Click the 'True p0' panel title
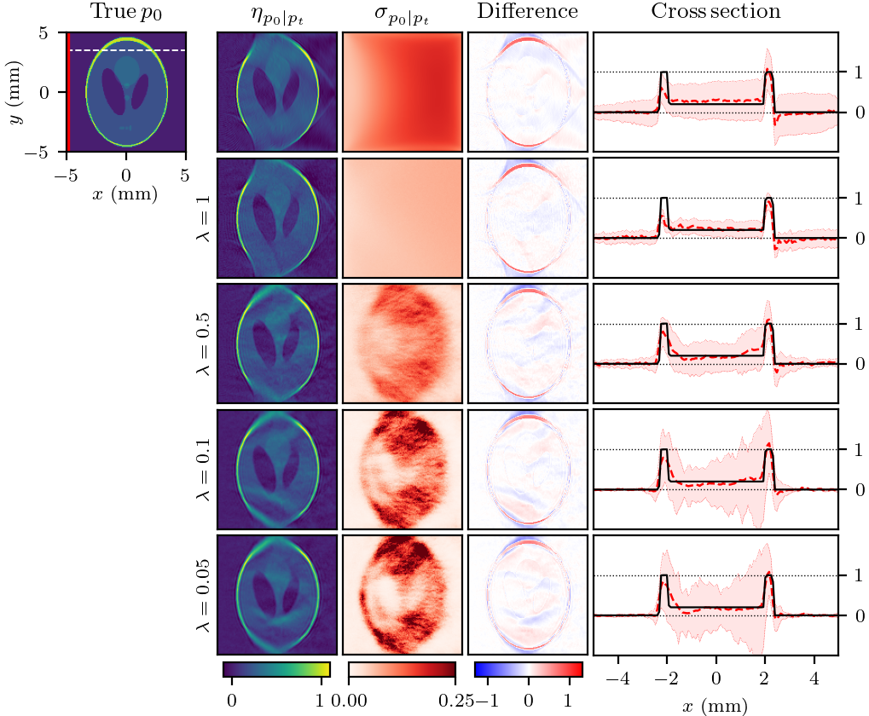pyautogui.click(x=126, y=12)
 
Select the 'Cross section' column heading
pyautogui.click(x=715, y=11)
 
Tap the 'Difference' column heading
pyautogui.click(x=527, y=11)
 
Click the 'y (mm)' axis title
pyautogui.click(x=14, y=92)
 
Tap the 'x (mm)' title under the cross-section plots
pyautogui.click(x=715, y=705)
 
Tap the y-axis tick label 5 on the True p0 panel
pyautogui.click(x=54, y=32)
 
